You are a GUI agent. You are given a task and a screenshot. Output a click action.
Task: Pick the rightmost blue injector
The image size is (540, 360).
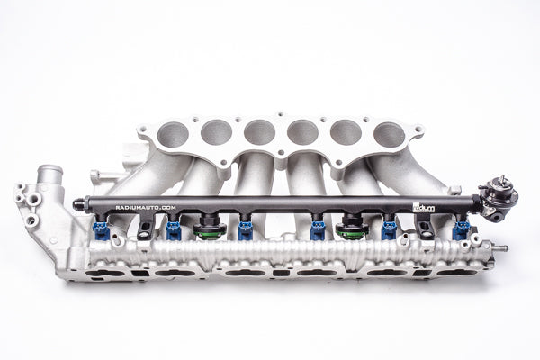point(462,229)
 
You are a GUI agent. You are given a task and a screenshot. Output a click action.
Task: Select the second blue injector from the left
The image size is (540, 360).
point(173,231)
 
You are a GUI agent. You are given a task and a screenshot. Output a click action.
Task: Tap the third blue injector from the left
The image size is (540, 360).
point(246,231)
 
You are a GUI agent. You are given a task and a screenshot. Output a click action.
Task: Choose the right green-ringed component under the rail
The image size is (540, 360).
point(350,230)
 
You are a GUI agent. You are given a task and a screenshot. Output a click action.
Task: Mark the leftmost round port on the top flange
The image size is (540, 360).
point(174,136)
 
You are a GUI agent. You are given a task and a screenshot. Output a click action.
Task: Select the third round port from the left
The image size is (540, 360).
point(259,131)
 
